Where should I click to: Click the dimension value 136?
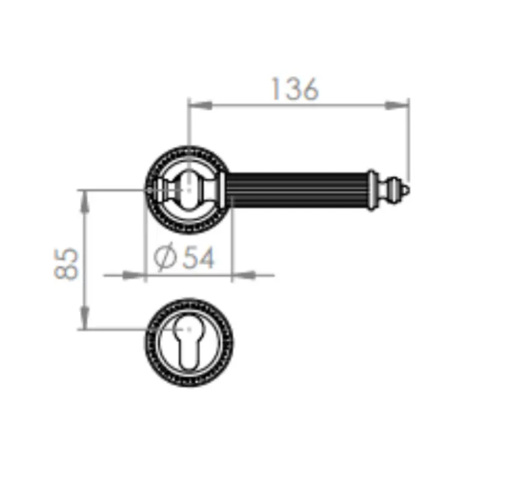click(x=295, y=89)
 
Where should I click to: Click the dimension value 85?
click(x=66, y=264)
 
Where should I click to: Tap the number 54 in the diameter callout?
click(x=198, y=257)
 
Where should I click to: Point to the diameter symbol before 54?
click(x=165, y=257)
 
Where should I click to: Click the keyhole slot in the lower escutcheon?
click(x=189, y=342)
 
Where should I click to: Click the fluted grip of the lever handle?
click(x=297, y=190)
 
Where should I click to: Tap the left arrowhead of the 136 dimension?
click(x=200, y=105)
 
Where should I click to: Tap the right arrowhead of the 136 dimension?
click(x=397, y=105)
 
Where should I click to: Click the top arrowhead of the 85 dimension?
click(x=85, y=202)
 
